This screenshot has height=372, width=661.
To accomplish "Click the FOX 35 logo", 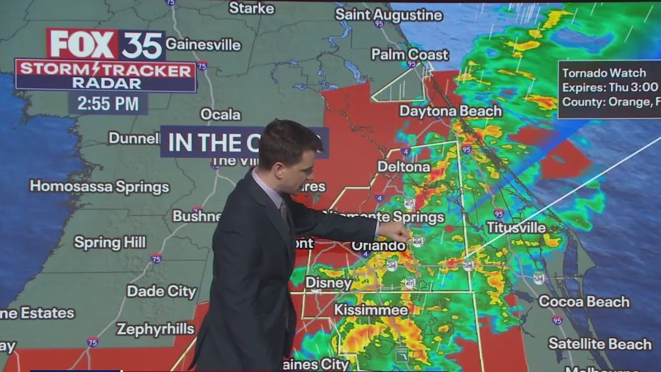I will click(x=106, y=44).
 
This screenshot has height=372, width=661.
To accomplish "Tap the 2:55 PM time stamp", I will click(x=108, y=103).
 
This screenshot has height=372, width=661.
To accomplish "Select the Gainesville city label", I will click(x=203, y=45).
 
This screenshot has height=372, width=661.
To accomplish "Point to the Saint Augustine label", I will click(x=389, y=15).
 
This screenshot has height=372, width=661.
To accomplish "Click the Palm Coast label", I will click(x=410, y=54).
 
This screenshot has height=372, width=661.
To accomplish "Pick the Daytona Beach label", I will click(x=451, y=111).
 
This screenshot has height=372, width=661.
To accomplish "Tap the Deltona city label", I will click(x=404, y=166).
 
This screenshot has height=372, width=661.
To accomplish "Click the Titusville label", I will click(x=516, y=228).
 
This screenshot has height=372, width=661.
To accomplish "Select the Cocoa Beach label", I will click(x=584, y=301).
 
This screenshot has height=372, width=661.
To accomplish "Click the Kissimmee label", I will click(x=371, y=310).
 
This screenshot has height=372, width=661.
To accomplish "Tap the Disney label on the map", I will click(x=328, y=283).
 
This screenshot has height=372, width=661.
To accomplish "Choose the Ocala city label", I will click(x=221, y=114).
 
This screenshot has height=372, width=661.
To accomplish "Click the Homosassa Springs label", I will click(x=100, y=187).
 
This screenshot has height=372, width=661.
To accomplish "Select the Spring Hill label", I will click(x=110, y=243).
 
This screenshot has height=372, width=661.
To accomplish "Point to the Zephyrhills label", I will click(x=155, y=329).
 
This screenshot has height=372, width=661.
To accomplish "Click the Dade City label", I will click(x=161, y=291).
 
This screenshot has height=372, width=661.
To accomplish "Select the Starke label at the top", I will click(x=252, y=8).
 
